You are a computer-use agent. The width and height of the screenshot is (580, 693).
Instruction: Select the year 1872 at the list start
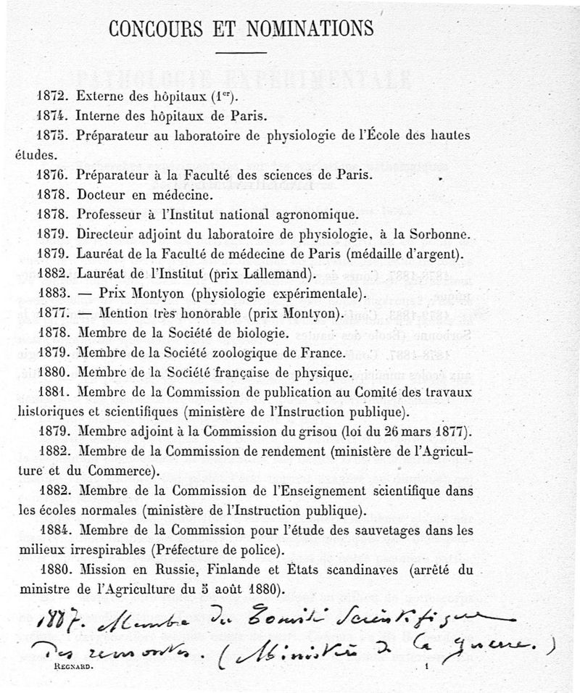point(49,96)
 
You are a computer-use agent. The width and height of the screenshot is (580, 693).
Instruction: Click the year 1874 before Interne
point(49,115)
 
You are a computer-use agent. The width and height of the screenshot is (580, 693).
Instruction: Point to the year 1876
point(49,175)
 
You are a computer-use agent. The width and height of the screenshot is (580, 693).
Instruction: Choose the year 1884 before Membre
point(49,531)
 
